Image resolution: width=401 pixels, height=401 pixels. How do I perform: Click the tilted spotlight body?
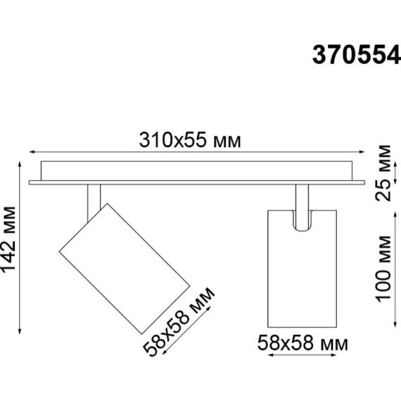125,267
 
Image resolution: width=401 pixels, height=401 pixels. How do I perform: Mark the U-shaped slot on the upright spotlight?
302,219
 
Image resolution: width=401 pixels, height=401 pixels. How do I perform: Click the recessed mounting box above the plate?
197,170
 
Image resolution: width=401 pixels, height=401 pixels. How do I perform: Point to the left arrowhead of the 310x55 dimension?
31,151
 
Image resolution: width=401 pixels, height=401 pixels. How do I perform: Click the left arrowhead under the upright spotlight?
270,358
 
